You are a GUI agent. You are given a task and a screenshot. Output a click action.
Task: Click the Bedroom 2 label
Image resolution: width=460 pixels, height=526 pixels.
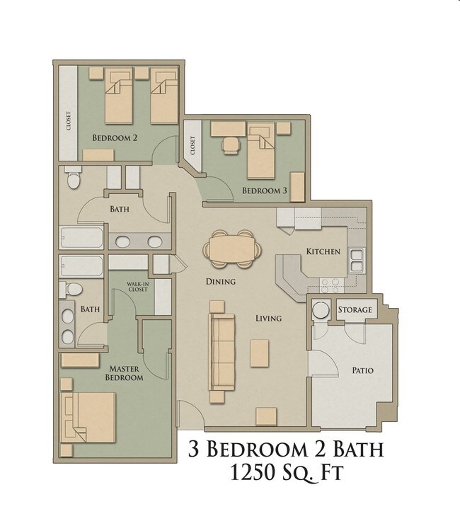(x=115, y=137)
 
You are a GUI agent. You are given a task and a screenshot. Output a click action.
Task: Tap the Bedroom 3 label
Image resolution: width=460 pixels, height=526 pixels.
(x=264, y=190)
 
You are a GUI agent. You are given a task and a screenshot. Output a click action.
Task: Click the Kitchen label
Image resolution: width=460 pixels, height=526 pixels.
(x=323, y=251)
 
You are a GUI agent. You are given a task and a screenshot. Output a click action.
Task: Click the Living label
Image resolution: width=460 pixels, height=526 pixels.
(x=268, y=318)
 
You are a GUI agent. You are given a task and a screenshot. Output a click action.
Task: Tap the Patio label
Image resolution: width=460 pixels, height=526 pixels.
(x=363, y=370)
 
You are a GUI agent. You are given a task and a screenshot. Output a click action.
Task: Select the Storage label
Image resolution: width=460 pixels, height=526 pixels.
(x=355, y=310)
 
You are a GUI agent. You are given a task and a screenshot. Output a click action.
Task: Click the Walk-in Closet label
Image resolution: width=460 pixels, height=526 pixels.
(x=137, y=287)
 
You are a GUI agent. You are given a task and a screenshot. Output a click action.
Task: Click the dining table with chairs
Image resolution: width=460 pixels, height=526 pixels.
(x=231, y=249)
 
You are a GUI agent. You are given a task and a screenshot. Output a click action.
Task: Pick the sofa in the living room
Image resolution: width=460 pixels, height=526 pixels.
(x=222, y=351)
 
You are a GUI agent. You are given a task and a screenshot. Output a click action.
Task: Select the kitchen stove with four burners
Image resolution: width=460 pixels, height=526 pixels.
(x=330, y=284)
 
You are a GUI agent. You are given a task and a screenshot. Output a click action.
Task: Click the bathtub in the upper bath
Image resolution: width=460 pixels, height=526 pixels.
(x=81, y=237)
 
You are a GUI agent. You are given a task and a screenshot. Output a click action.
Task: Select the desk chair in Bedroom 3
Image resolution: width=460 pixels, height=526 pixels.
(x=231, y=144)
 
